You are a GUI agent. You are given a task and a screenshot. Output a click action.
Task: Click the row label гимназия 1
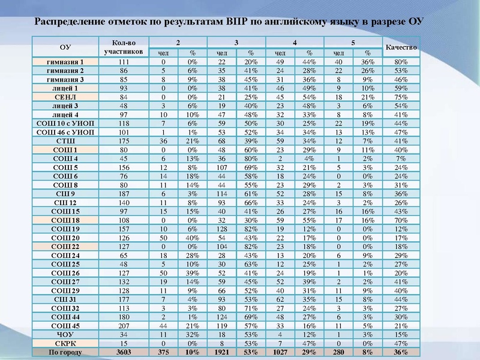(x=65, y=62)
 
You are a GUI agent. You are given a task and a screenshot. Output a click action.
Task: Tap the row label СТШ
(x=65, y=141)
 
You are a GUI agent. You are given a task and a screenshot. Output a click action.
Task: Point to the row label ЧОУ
(x=65, y=334)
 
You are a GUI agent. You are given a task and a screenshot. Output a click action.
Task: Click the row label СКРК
(x=65, y=343)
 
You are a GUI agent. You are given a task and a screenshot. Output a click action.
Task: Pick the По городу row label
(x=65, y=352)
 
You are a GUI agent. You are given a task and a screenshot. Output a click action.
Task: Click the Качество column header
(x=401, y=47)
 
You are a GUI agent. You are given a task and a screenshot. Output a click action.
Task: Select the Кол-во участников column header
(x=124, y=47)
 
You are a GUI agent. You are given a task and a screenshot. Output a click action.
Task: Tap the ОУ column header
(x=65, y=47)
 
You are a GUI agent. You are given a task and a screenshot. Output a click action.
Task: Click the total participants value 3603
(x=124, y=352)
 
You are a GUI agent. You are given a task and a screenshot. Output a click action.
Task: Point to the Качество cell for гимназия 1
(x=401, y=62)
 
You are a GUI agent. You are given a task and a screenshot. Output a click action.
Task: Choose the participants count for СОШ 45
(x=124, y=326)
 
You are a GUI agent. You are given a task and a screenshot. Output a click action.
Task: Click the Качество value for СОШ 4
(x=401, y=158)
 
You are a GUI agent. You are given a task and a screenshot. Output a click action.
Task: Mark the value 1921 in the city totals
(x=221, y=352)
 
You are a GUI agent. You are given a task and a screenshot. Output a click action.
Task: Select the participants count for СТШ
(x=124, y=141)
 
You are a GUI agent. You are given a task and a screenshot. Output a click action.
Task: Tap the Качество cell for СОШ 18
(x=401, y=220)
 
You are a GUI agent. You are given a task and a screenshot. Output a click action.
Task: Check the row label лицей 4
(x=65, y=115)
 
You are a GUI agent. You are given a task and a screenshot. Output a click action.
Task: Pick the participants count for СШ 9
(x=124, y=194)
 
